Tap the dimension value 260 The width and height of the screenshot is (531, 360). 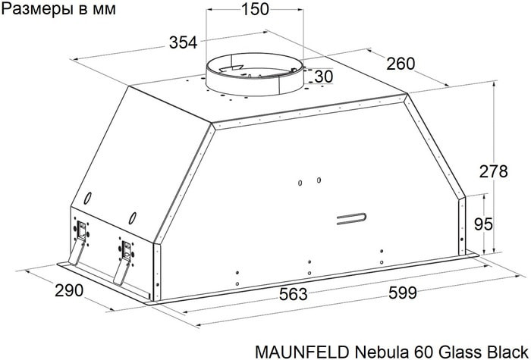401,64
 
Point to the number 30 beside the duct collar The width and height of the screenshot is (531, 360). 323,77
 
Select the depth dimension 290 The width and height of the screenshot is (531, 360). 68,291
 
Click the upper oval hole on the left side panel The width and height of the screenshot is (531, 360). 88,199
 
